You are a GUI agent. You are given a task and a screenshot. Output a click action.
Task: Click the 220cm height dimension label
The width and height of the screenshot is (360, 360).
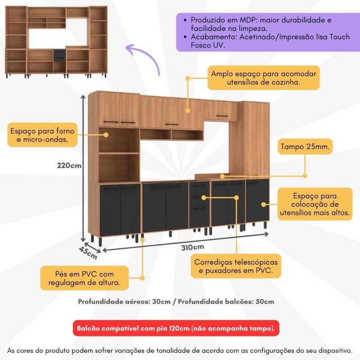pyautogui.click(x=69, y=165)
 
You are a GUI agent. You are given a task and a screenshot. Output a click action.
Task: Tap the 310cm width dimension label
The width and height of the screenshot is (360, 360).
pyautogui.click(x=193, y=247)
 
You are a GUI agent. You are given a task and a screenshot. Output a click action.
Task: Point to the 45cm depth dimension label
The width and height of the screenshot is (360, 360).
pyautogui.click(x=88, y=252)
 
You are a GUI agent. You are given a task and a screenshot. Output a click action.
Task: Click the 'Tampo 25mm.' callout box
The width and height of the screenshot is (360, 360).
pyautogui.click(x=305, y=147)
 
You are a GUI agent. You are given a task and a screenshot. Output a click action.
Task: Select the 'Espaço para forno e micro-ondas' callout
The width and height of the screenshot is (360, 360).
pyautogui.click(x=42, y=135)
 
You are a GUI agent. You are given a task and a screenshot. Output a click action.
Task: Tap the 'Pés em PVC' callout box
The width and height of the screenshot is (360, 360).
pyautogui.click(x=85, y=278)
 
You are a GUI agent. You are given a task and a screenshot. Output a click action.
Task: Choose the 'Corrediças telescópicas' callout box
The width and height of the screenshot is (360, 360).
pyautogui.click(x=236, y=266)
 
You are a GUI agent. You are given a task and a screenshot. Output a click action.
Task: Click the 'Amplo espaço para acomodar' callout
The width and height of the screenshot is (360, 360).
pyautogui.click(x=264, y=78)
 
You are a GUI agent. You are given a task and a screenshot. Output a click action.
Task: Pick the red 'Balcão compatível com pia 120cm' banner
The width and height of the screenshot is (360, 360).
pyautogui.click(x=176, y=328)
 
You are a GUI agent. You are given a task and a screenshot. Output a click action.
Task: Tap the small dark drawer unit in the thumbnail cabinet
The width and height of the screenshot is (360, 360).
pyautogui.click(x=59, y=55)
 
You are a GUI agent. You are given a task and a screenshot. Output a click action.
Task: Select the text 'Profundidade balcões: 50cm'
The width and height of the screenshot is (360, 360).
pyautogui.click(x=226, y=301)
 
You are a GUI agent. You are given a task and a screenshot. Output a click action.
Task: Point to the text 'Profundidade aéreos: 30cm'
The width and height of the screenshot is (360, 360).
pyautogui.click(x=124, y=301)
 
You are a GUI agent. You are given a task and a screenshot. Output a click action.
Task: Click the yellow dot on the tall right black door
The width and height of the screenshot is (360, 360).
pyautogui.click(x=264, y=204)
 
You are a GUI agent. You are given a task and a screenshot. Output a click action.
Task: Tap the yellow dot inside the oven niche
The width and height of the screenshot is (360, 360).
pyautogui.click(x=106, y=135)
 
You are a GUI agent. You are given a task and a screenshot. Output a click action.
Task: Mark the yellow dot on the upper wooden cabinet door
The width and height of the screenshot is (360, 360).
pyautogui.click(x=188, y=110)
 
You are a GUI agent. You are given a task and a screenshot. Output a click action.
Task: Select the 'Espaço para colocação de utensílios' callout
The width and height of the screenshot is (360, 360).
pyautogui.click(x=315, y=204)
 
